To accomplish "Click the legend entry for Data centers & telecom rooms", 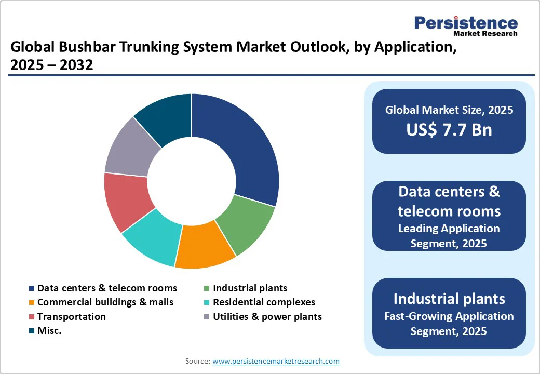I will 107,288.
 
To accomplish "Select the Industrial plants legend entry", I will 250,288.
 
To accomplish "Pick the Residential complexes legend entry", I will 264,302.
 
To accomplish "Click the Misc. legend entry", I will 49,331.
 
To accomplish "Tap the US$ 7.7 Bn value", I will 449,129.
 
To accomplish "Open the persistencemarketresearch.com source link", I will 276,361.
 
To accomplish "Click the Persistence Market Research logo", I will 466,26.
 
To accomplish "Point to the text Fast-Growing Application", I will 449,316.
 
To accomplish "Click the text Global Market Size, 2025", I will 449,110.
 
